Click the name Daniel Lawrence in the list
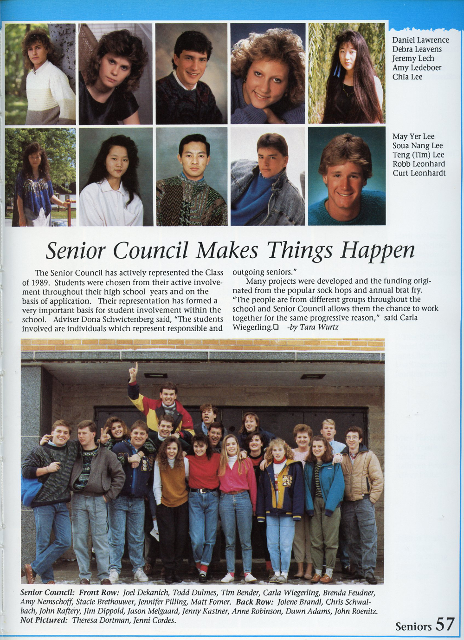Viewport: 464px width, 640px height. (x=420, y=40)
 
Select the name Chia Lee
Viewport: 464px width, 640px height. (x=407, y=77)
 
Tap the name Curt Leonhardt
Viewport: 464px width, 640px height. (x=419, y=173)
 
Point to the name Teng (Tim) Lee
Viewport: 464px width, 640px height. (x=418, y=155)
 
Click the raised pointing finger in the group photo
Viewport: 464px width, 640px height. (x=134, y=371)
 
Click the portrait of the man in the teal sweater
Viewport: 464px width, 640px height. (x=347, y=176)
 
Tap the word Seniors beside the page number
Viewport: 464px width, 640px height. (x=413, y=627)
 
